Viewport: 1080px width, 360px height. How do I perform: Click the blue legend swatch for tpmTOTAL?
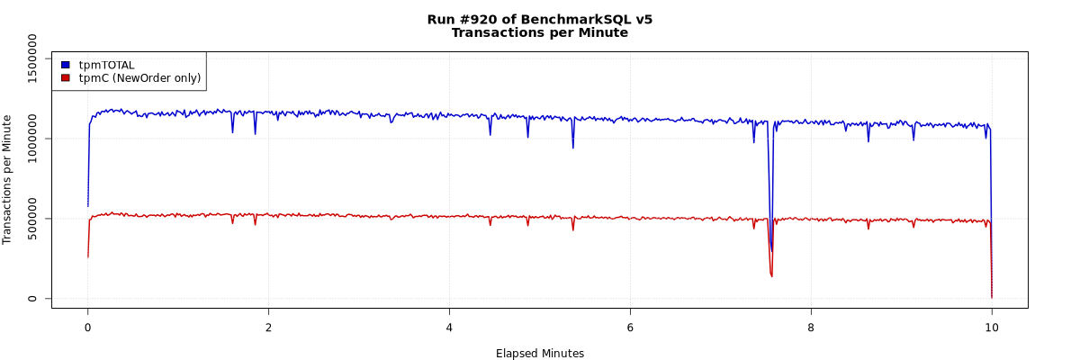coord(65,65)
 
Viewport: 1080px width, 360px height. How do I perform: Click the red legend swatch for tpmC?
coord(65,78)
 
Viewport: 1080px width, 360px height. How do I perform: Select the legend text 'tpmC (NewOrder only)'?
coord(139,78)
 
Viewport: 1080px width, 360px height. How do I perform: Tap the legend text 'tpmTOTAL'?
coord(106,65)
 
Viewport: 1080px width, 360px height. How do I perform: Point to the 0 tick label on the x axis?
coord(87,328)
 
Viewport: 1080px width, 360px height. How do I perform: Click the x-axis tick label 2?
coord(268,328)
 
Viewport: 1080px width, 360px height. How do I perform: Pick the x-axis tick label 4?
coord(449,328)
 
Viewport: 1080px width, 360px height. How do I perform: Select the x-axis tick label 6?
coord(630,328)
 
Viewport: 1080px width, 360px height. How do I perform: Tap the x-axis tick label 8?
coord(811,328)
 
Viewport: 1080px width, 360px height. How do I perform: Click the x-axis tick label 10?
coord(992,328)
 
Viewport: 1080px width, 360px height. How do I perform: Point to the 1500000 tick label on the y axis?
coord(33,58)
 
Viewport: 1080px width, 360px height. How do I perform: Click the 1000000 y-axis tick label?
coord(33,138)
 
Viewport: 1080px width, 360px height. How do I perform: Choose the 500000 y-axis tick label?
coord(33,219)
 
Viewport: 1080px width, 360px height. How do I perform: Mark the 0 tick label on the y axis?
coord(33,299)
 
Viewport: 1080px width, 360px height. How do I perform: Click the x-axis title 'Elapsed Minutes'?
coord(540,354)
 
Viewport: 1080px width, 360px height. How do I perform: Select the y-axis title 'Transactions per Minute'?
coord(8,179)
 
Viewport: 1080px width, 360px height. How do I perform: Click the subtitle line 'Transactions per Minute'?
coord(540,32)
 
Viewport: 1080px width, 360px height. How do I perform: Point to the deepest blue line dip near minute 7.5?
coord(771,251)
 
